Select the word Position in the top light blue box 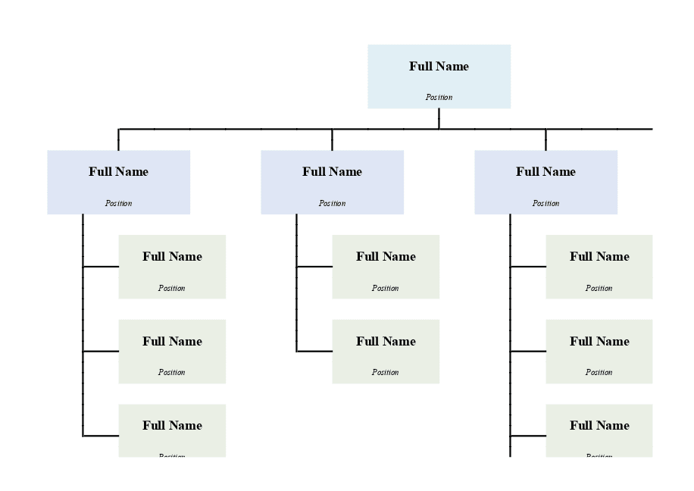439,97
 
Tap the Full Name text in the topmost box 439,67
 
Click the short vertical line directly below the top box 439,118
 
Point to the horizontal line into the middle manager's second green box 314,352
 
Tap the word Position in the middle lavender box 332,203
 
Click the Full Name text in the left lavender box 118,172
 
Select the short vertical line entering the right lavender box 546,139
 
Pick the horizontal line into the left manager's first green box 101,267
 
